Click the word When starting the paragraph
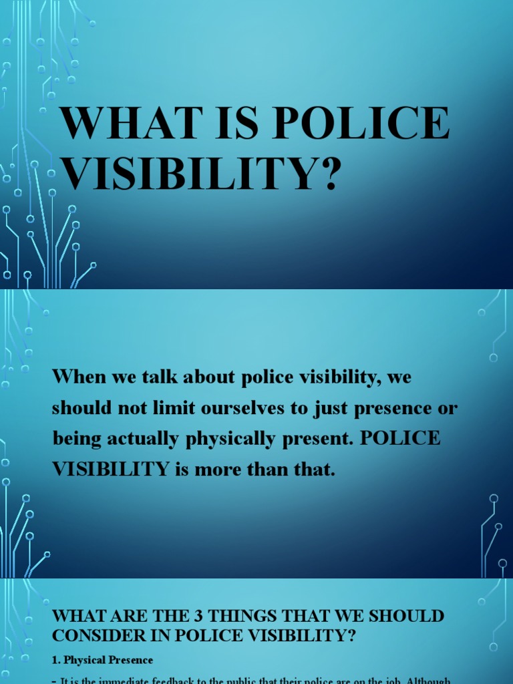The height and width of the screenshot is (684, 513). [79, 377]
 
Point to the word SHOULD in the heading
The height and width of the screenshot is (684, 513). [408, 615]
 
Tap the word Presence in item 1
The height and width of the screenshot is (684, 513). [130, 660]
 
